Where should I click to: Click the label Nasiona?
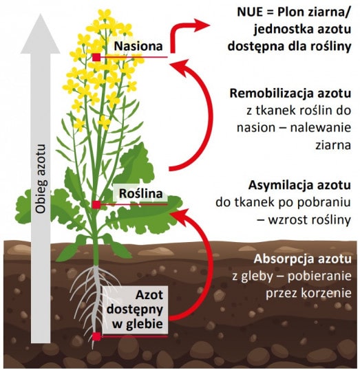138,46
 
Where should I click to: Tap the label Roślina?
141,193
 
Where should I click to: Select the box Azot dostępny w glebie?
135,310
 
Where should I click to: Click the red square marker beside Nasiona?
96,57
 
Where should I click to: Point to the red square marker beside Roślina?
96,205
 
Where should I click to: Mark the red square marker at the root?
96,336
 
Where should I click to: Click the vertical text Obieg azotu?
41,179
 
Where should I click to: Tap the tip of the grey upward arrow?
41,14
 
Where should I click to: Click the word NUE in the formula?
250,12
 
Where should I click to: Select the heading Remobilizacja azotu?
290,94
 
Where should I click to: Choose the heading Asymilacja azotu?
299,185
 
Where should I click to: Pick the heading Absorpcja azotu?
302,259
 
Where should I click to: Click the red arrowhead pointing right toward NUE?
202,25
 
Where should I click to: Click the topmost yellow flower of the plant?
104,14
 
